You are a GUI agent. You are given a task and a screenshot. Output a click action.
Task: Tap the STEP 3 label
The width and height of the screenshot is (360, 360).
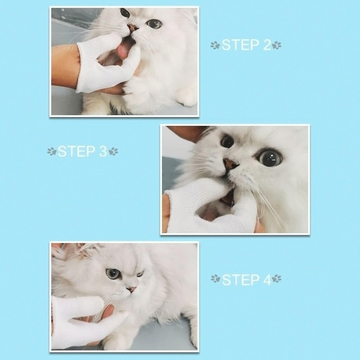pyautogui.click(x=82, y=151)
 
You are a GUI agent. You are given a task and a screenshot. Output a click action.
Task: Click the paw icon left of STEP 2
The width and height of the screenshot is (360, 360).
pyautogui.click(x=215, y=45)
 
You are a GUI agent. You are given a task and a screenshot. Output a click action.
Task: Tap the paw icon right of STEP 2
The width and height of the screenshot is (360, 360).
pyautogui.click(x=277, y=45)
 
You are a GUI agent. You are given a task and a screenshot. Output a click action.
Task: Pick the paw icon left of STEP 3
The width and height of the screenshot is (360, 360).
pyautogui.click(x=51, y=152)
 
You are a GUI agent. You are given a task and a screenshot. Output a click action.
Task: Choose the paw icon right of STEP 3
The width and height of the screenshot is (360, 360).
pyautogui.click(x=114, y=152)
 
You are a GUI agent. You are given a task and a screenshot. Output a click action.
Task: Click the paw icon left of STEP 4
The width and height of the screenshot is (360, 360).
pyautogui.click(x=215, y=280)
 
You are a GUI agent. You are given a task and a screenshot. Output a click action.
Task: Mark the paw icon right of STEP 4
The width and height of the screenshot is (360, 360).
pyautogui.click(x=277, y=280)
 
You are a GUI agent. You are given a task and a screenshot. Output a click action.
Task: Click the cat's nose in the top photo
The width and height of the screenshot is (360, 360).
pyautogui.click(x=134, y=28)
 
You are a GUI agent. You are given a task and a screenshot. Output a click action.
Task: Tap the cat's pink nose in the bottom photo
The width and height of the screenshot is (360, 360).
pyautogui.click(x=131, y=288)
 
